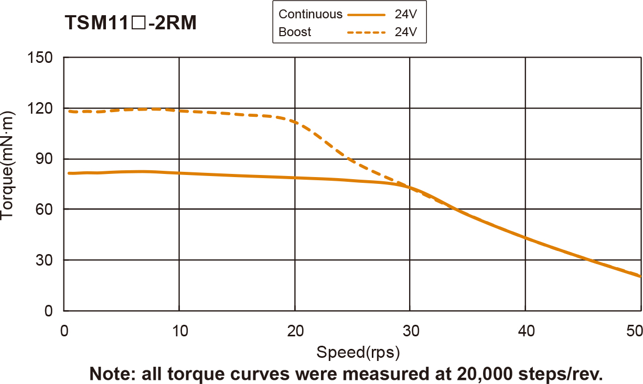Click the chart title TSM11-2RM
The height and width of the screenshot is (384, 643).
(x=131, y=23)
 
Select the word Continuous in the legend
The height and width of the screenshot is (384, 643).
(x=310, y=14)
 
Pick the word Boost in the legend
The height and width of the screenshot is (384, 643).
(x=295, y=32)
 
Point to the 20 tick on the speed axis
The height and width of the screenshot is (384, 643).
(x=295, y=331)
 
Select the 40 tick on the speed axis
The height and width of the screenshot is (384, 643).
(x=526, y=331)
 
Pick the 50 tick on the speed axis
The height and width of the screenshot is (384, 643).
(x=635, y=331)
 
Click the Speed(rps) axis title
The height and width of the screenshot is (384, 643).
(x=358, y=353)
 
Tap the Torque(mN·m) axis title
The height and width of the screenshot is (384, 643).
(x=9, y=166)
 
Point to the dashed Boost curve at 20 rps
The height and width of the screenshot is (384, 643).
(x=295, y=122)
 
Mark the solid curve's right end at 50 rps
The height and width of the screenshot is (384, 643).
(x=640, y=276)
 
